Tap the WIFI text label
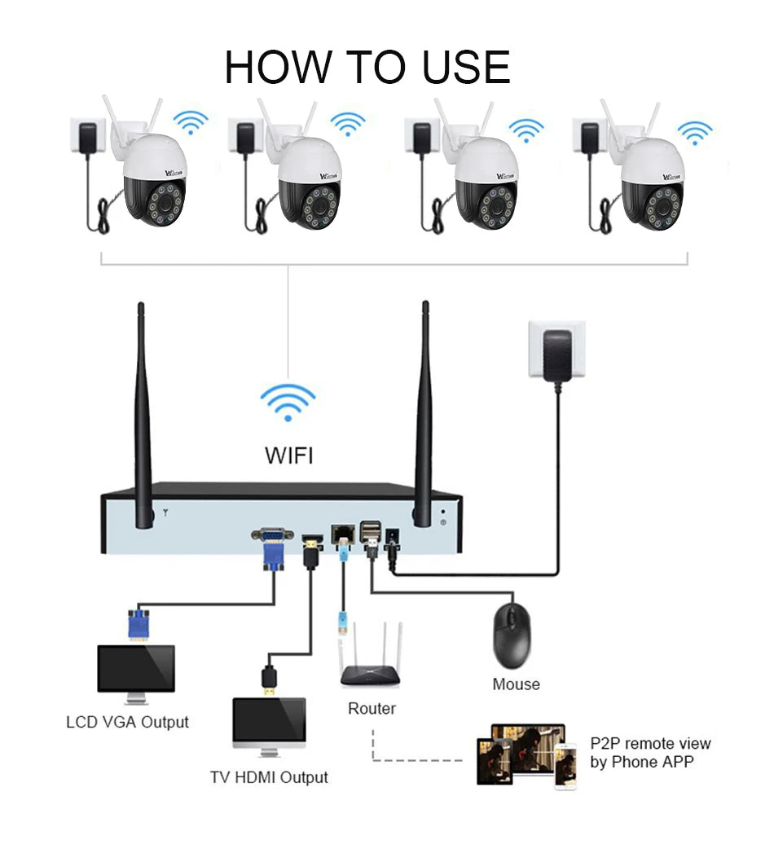[288, 455]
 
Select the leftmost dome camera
[154, 180]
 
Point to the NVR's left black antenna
[143, 416]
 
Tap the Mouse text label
[516, 684]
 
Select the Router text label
[372, 708]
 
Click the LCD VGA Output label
[127, 722]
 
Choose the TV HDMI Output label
[269, 777]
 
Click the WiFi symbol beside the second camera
[348, 124]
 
